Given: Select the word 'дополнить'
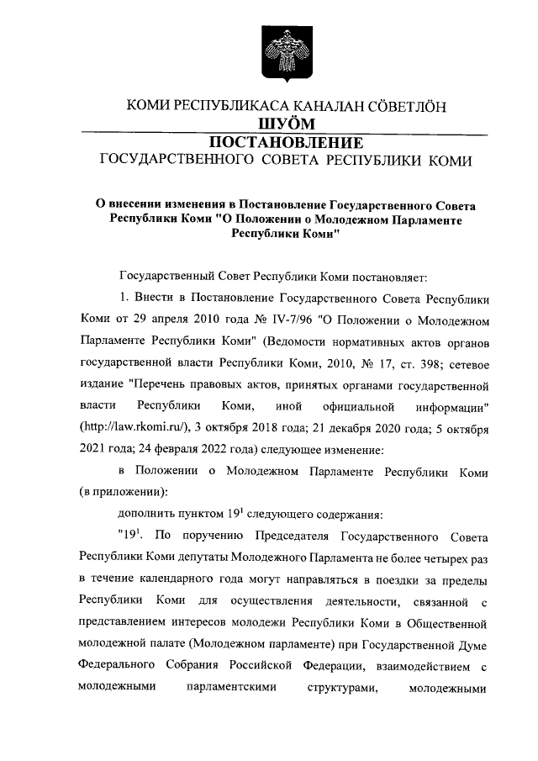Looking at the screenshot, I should coord(145,516).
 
